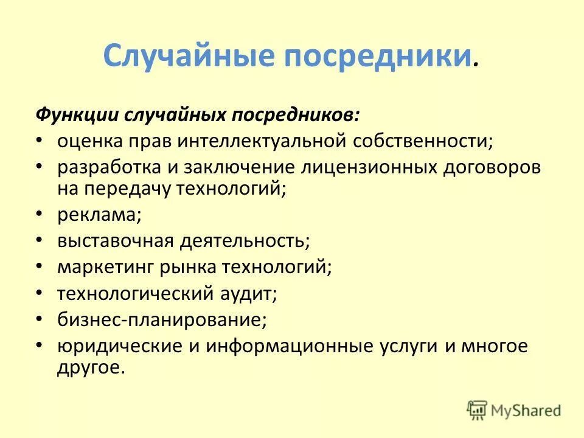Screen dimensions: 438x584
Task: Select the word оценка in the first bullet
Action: pyautogui.click(x=90, y=141)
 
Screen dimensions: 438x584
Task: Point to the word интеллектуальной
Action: pyautogui.click(x=263, y=141)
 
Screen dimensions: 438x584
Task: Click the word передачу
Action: pyautogui.click(x=133, y=188)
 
